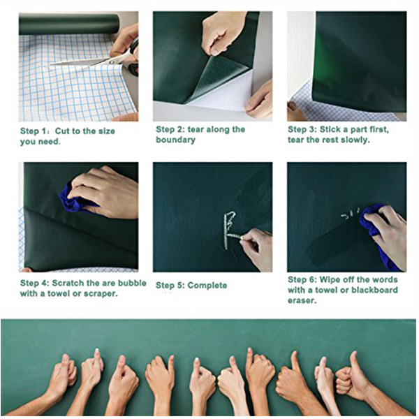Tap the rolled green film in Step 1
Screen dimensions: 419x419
point(69,24)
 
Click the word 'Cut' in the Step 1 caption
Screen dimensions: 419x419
point(63,131)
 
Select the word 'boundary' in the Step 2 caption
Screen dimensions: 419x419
point(175,140)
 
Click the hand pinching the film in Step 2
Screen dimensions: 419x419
point(222,33)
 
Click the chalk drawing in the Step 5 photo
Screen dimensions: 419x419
point(230,230)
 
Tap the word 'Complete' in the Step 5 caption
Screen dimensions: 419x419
point(207,286)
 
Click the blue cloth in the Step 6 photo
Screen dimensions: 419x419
point(374,230)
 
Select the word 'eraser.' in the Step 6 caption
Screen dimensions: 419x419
point(302,300)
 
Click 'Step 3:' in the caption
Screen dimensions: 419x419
point(302,130)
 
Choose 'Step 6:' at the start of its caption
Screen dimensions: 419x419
point(302,280)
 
